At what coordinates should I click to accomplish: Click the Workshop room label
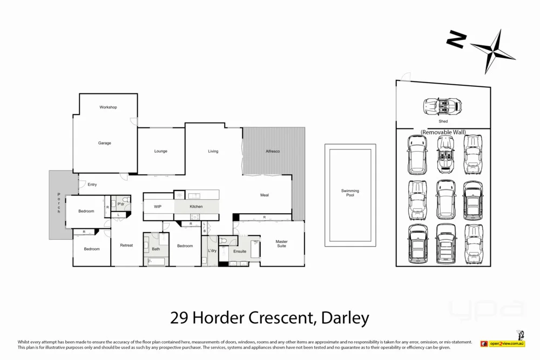[x=108, y=107]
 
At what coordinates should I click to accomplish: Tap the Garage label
[x=104, y=143]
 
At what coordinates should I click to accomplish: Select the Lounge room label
[x=161, y=151]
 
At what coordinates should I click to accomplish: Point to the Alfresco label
[x=273, y=151]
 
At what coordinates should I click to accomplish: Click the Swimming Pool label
[x=350, y=193]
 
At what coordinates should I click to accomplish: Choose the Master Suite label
[x=281, y=244]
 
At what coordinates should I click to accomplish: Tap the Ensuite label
[x=240, y=252]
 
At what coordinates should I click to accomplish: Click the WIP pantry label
[x=158, y=207]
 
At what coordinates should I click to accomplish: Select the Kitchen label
[x=196, y=207]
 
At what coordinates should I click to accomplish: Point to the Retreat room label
[x=126, y=246]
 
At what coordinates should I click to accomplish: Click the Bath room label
[x=156, y=249]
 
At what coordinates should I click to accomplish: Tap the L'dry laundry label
[x=212, y=252]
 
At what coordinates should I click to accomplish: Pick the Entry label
[x=92, y=185]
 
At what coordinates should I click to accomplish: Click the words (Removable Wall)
[x=443, y=132]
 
